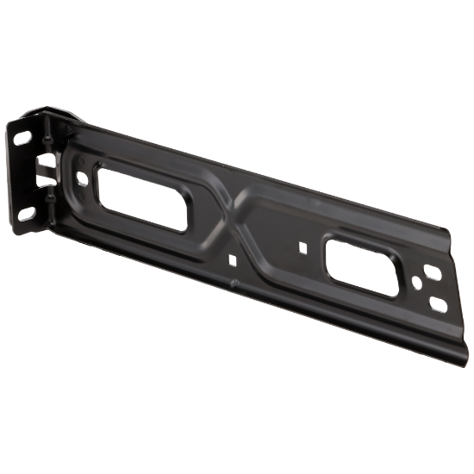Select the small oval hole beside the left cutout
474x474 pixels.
click(82, 179)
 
